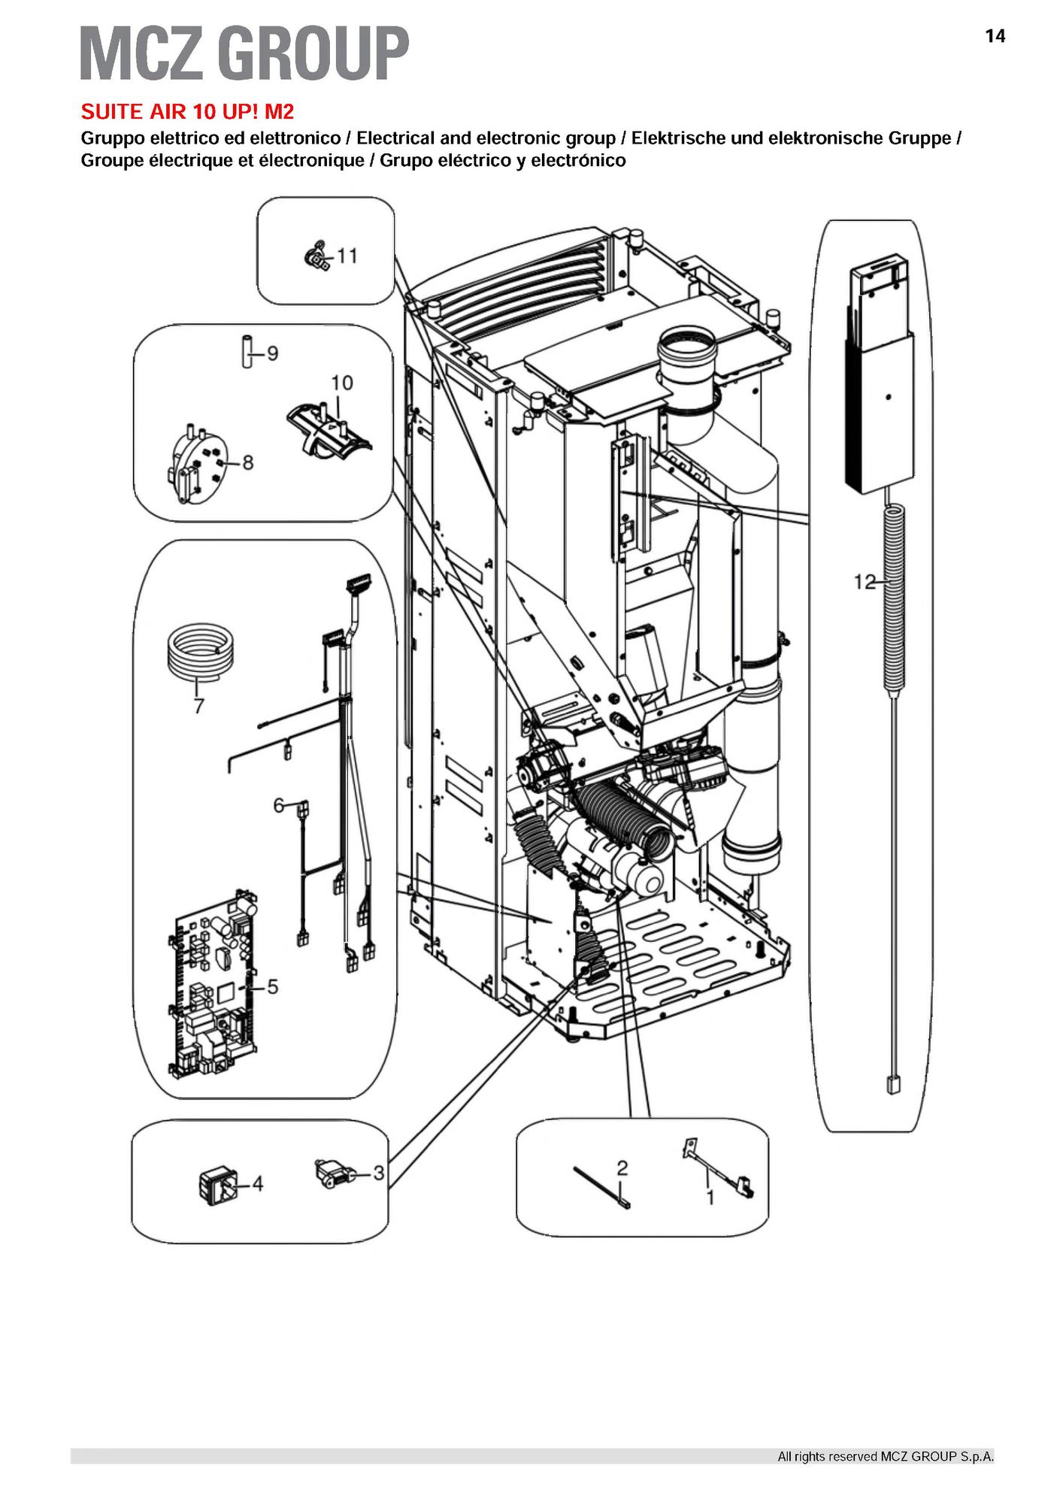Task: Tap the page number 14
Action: [x=994, y=36]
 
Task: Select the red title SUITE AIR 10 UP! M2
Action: [x=187, y=112]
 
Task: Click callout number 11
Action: [x=347, y=256]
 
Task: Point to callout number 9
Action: [x=272, y=353]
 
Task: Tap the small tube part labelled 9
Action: [x=246, y=352]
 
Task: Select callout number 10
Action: [x=342, y=383]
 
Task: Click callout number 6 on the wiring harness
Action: [x=278, y=805]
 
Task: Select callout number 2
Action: [x=622, y=1167]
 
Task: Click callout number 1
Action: [x=710, y=1196]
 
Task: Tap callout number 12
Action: [x=865, y=581]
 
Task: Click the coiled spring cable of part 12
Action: [x=893, y=598]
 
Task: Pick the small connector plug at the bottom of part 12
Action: [x=892, y=1085]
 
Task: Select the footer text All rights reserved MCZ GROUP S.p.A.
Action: [x=885, y=1456]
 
